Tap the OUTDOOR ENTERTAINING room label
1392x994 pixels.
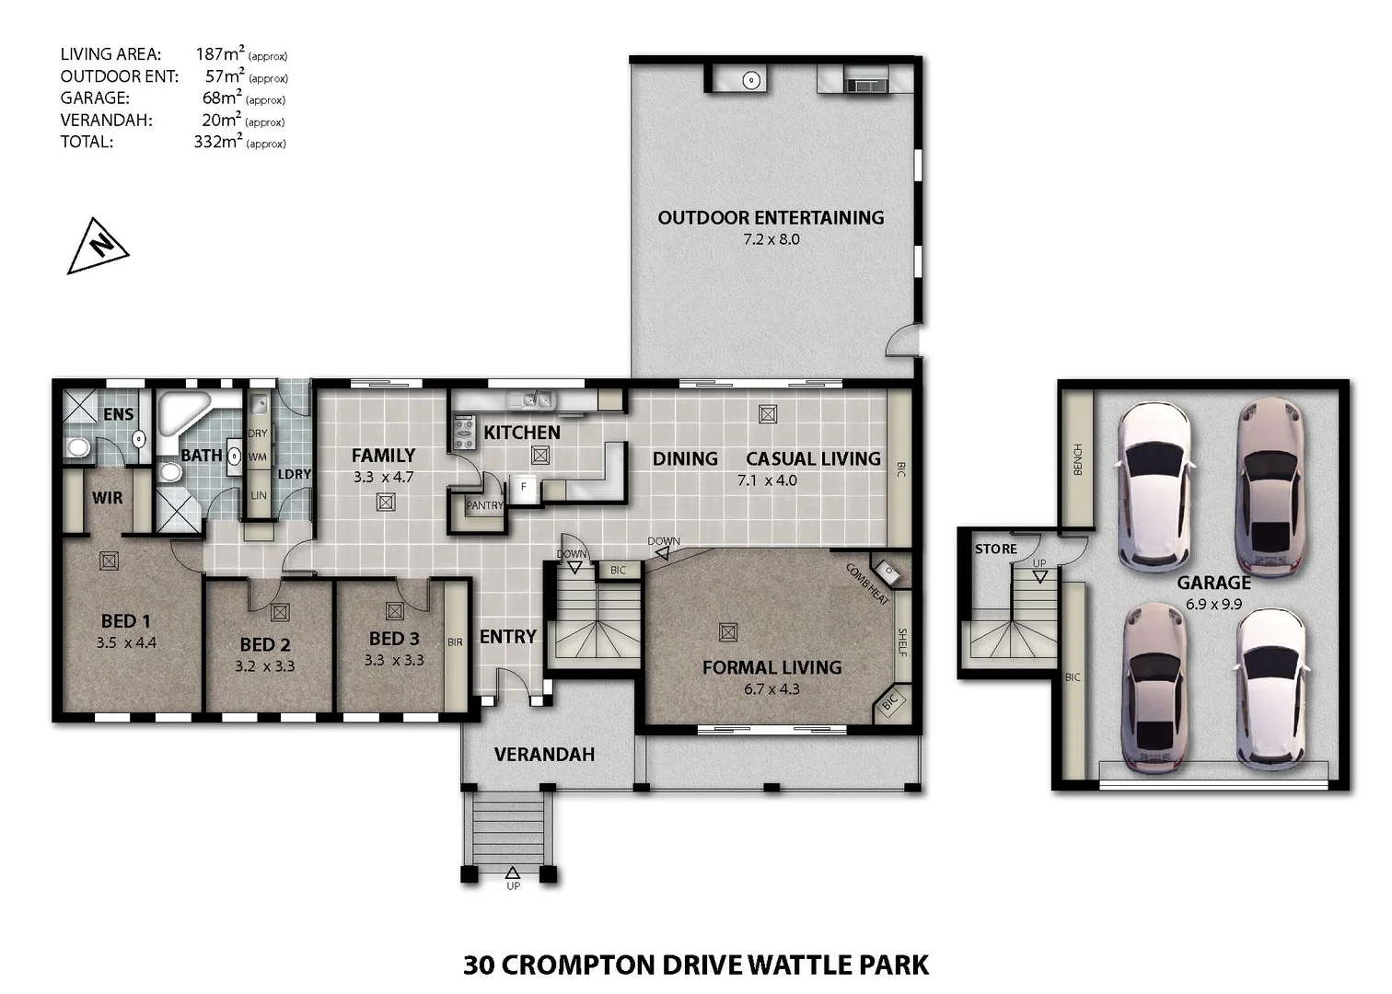771,218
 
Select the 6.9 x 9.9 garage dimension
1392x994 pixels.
1213,605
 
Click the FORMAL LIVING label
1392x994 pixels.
771,667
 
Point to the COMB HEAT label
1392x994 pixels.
867,584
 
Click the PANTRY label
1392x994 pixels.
484,505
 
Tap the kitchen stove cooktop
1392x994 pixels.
463,432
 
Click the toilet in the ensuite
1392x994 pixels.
77,447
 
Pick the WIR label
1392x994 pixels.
107,498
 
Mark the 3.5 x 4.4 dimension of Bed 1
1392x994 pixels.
126,643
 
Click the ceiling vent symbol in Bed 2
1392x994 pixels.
280,612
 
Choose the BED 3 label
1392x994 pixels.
394,639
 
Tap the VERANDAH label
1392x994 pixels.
544,755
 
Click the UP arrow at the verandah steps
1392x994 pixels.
513,873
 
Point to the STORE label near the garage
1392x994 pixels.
995,549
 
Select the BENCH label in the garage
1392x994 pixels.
1078,459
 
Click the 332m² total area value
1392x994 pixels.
218,142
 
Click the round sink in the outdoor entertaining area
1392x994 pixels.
751,81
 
